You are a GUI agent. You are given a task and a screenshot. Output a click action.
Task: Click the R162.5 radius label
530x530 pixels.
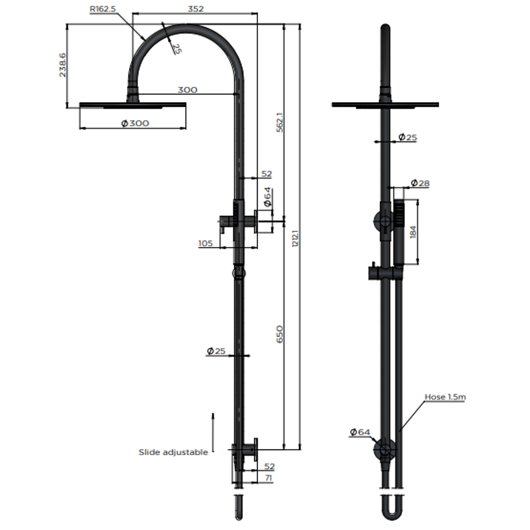103,9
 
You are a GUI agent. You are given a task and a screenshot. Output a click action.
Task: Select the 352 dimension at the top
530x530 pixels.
195,9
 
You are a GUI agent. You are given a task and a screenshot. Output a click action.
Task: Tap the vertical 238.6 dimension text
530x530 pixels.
62,65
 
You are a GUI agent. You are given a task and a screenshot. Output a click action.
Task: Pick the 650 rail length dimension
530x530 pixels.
280,334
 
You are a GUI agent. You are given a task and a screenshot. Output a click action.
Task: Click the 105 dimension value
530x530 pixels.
206,244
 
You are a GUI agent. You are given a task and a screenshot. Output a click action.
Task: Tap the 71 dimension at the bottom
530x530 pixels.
269,478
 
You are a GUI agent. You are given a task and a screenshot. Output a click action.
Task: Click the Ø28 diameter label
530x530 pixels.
420,183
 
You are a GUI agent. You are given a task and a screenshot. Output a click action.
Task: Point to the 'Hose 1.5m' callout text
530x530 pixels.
445,397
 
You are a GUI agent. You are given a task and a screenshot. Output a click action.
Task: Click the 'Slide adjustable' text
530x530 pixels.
173,452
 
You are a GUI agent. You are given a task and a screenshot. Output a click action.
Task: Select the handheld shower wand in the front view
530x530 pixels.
398,231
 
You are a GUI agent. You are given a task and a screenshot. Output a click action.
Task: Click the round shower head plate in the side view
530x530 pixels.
132,105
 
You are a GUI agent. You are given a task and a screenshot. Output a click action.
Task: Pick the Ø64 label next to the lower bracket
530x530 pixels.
360,432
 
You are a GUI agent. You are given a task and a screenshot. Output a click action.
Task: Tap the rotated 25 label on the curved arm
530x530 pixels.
177,49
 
